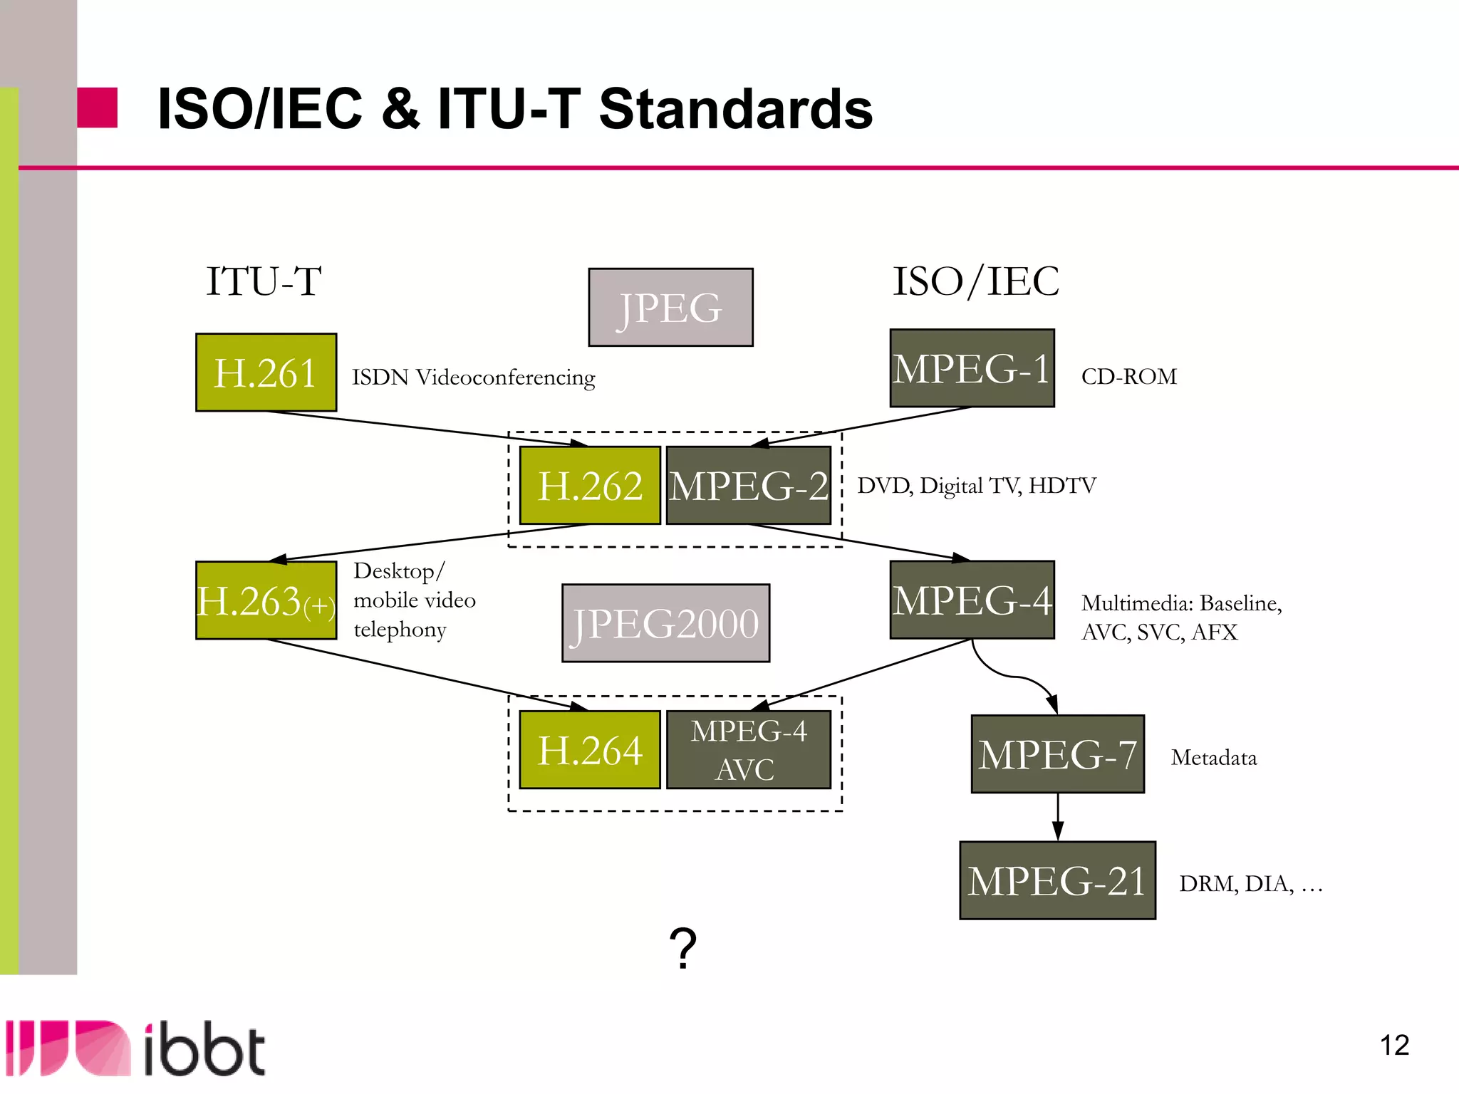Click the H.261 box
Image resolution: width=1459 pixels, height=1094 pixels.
point(266,373)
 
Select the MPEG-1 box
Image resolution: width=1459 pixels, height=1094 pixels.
point(972,368)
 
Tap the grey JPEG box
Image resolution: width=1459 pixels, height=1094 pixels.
point(670,308)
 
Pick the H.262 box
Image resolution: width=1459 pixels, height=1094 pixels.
point(590,486)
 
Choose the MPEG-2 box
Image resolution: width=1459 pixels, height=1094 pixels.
point(748,486)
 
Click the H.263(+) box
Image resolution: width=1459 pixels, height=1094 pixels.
point(266,600)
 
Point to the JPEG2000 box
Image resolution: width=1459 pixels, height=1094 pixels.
point(665,623)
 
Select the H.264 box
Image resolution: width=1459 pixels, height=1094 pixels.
point(590,750)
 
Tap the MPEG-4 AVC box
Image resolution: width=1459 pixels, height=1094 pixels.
point(748,750)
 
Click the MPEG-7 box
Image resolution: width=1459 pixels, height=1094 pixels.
point(1057,754)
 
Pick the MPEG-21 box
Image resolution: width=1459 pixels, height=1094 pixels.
point(1057,880)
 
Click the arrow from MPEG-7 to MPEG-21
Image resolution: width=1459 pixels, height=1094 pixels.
point(1058,817)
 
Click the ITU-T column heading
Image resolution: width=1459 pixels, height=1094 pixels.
point(264,281)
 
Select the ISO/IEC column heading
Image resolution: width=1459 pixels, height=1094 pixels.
point(976,281)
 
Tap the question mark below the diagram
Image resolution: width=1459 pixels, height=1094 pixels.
point(682,948)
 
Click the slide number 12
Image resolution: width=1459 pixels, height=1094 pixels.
point(1394,1046)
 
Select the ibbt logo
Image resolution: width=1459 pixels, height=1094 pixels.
point(135,1048)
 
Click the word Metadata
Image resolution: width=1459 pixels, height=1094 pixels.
point(1213,757)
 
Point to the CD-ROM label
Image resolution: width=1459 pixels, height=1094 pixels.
point(1128,376)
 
